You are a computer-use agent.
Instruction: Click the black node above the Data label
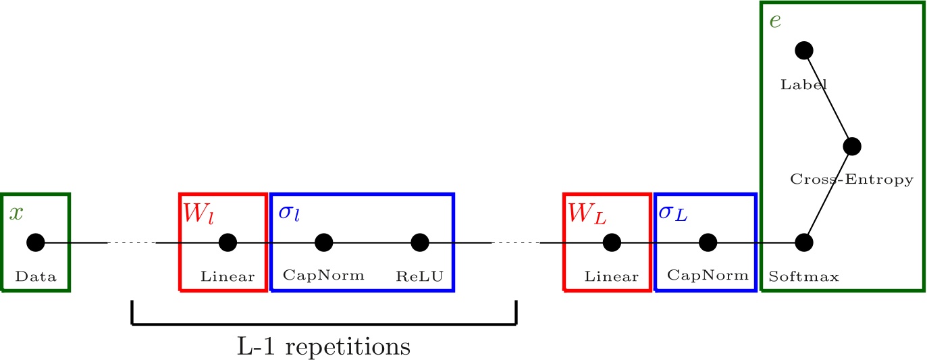35,242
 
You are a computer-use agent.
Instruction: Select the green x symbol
16,213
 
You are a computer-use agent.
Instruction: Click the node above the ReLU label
420,242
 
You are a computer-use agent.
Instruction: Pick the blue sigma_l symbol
289,213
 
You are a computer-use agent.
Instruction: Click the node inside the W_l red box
228,242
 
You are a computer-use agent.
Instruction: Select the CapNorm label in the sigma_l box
323,276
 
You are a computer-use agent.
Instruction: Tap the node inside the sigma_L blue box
708,242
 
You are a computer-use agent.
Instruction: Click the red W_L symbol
585,213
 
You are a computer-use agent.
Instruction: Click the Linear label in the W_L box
612,276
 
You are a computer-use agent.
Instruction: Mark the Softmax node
803,242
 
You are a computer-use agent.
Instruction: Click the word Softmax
803,276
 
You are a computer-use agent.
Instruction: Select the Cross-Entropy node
852,146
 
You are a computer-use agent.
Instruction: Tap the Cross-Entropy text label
851,180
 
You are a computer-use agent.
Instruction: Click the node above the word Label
803,50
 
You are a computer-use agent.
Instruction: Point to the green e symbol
776,21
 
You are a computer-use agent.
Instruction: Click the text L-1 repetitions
324,346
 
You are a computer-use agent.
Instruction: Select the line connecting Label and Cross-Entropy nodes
828,98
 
